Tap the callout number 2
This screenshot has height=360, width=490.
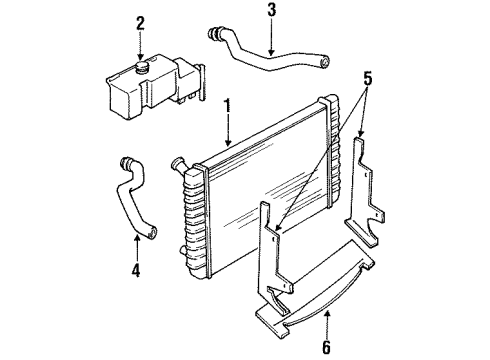(x=141, y=23)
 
